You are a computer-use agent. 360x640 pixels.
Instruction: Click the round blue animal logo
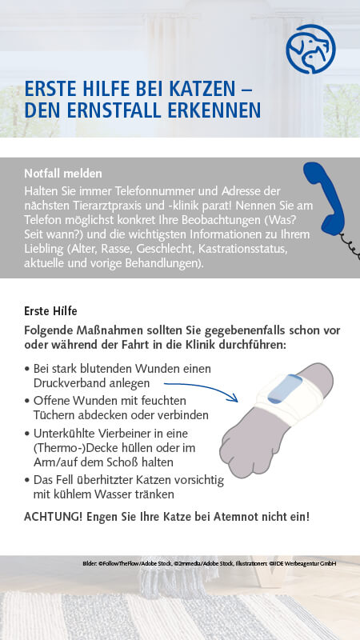click(x=311, y=49)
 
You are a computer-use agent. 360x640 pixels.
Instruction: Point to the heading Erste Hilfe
click(x=51, y=309)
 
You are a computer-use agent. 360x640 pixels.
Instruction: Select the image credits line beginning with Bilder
click(x=209, y=564)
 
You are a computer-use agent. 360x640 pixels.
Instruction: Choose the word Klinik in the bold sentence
click(x=231, y=345)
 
